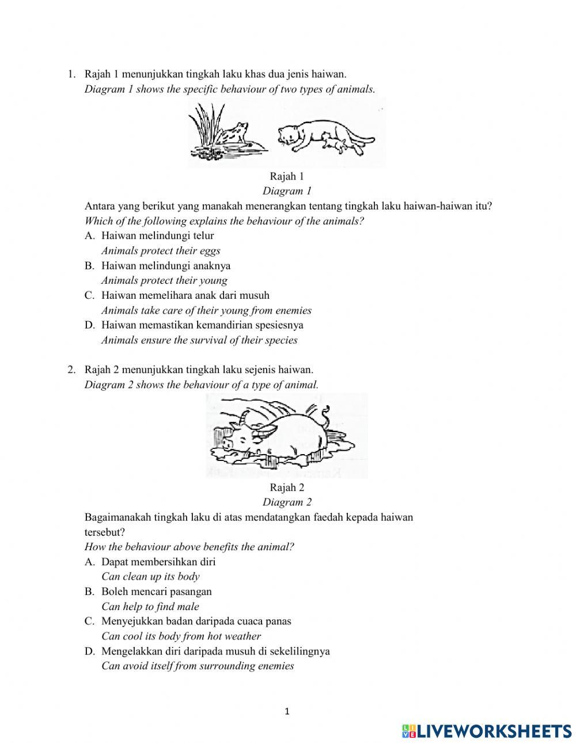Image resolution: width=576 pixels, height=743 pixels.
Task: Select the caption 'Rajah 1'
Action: pyautogui.click(x=287, y=176)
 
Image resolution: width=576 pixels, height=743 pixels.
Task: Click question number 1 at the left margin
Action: pyautogui.click(x=71, y=74)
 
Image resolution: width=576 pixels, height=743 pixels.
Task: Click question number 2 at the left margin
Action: pyautogui.click(x=71, y=369)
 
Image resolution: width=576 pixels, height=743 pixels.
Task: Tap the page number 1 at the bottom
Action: pyautogui.click(x=287, y=711)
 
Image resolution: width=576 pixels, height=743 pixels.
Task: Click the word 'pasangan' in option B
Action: pyautogui.click(x=192, y=591)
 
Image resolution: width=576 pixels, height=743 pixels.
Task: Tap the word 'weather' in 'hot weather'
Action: pyautogui.click(x=240, y=636)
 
